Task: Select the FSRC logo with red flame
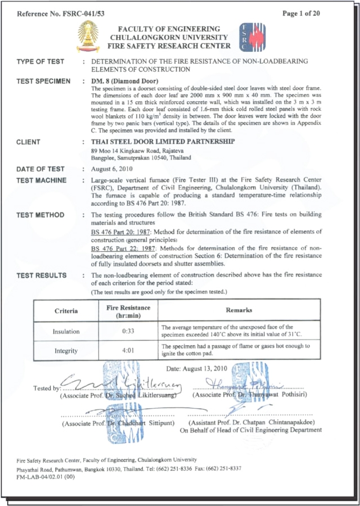pyautogui.click(x=251, y=38)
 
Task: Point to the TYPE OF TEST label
pyautogui.click(x=40, y=61)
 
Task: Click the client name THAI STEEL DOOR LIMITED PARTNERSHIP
pyautogui.click(x=163, y=142)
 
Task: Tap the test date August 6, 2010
pyautogui.click(x=110, y=169)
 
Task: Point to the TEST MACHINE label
pyautogui.click(x=42, y=180)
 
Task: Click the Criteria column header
pyautogui.click(x=66, y=310)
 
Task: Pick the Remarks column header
pyautogui.click(x=239, y=310)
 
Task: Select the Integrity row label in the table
pyautogui.click(x=66, y=351)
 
